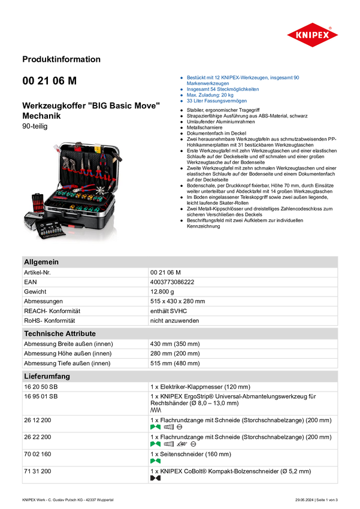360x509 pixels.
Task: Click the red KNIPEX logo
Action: click(x=312, y=35)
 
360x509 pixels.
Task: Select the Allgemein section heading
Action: click(x=41, y=262)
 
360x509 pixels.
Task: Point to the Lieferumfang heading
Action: click(x=47, y=376)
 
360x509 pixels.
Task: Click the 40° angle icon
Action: click(x=183, y=444)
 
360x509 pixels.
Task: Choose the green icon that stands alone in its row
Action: click(x=156, y=460)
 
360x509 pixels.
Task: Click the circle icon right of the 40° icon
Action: click(x=194, y=444)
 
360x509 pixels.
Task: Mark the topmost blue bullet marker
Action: click(x=180, y=78)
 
